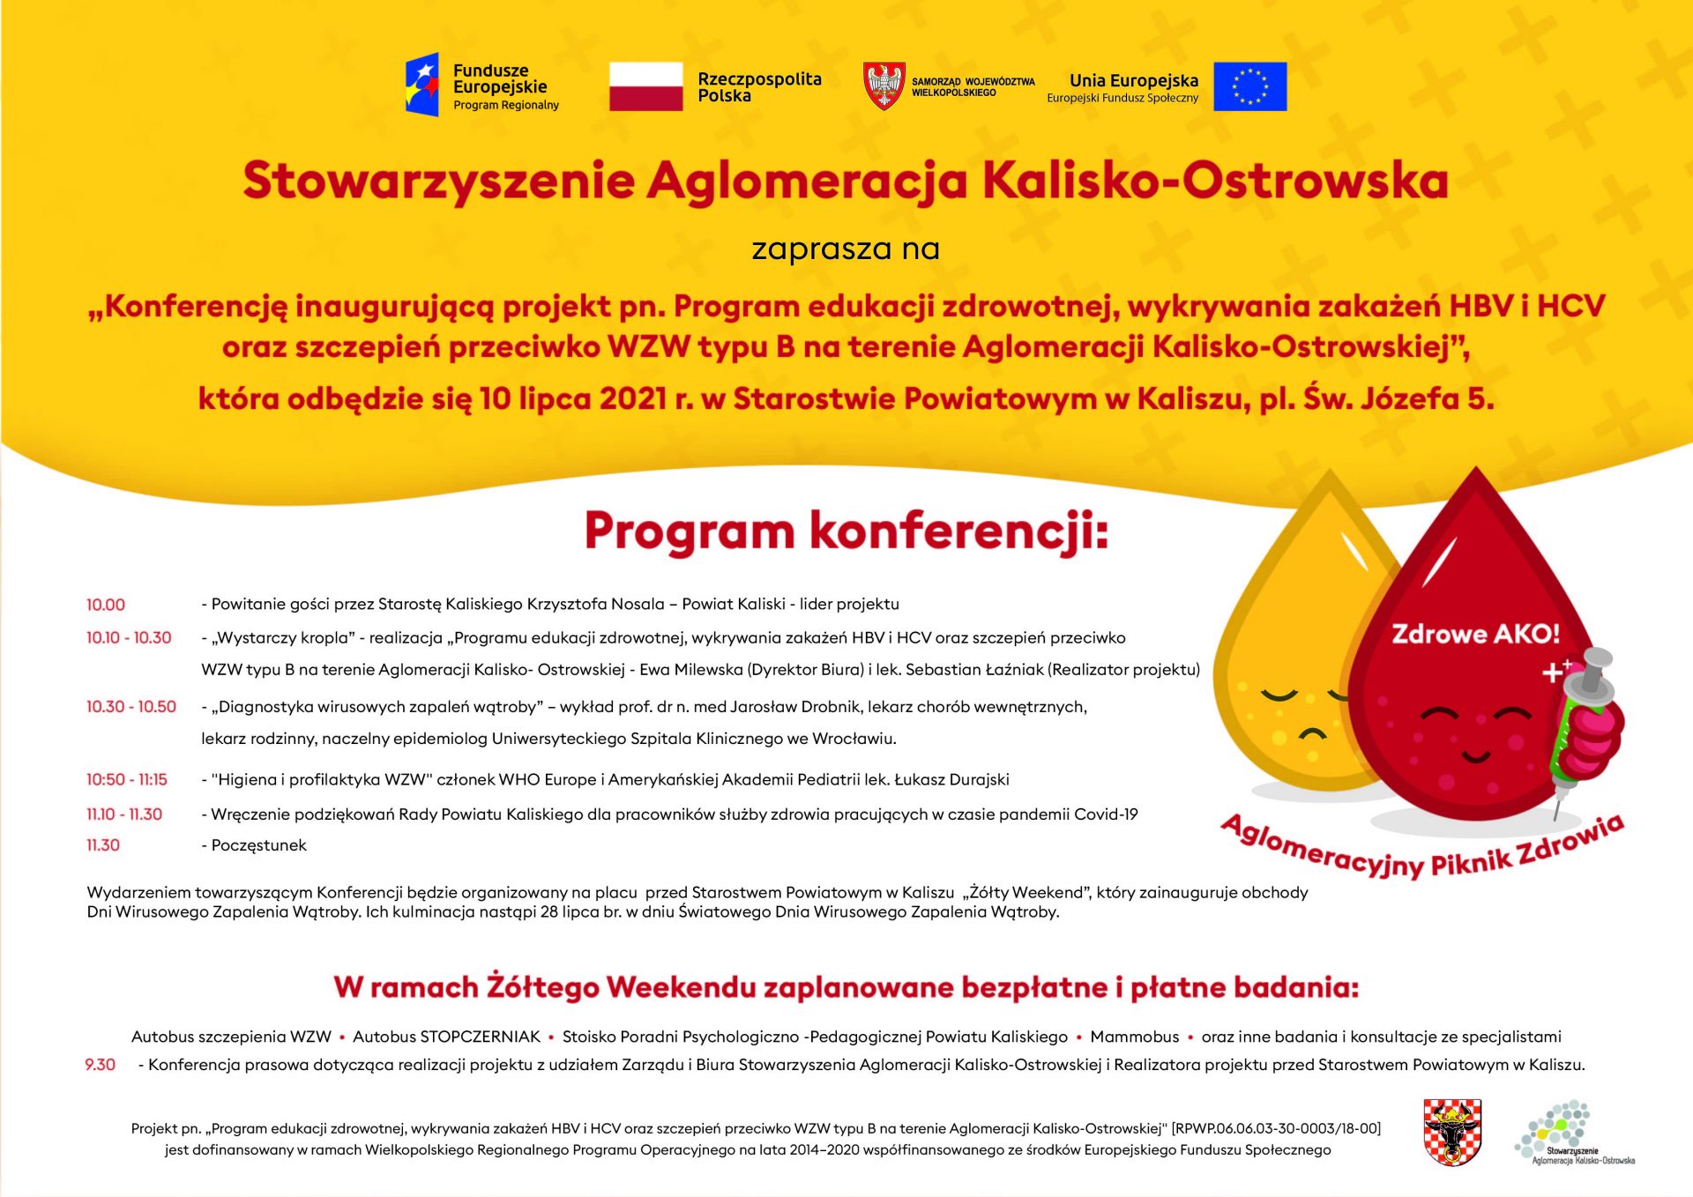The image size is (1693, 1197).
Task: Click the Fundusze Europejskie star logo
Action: point(422,85)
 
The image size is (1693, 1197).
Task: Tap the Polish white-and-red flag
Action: point(645,86)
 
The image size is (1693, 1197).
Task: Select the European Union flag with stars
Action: point(1249,86)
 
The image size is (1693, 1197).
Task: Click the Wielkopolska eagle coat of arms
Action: point(884,85)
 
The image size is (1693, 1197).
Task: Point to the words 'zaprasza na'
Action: point(846,249)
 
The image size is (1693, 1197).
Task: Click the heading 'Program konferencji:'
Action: point(846,532)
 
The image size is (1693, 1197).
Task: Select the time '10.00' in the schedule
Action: point(106,605)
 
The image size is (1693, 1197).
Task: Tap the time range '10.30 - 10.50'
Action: point(131,707)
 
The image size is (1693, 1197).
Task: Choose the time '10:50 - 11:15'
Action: point(127,780)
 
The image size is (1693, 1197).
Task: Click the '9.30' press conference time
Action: point(101,1065)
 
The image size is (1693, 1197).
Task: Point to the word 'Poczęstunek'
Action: point(259,845)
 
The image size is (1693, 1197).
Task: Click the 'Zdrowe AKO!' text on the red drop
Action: point(1475,634)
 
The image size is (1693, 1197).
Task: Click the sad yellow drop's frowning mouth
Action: point(1312,733)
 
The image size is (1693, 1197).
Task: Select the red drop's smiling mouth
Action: point(1476,755)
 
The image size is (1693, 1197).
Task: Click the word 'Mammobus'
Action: point(1134,1037)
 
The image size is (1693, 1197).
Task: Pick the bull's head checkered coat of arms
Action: point(1452,1133)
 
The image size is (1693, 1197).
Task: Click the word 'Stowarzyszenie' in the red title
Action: point(438,181)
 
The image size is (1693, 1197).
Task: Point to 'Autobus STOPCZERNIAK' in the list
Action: point(446,1037)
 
